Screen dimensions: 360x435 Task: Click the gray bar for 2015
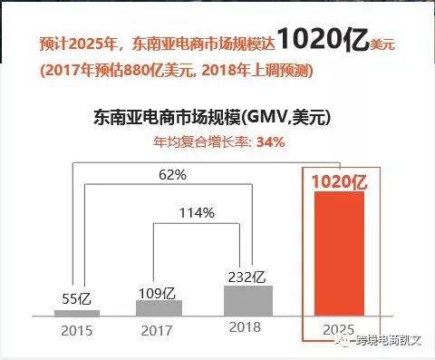(77, 312)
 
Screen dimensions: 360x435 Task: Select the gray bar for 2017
(159, 307)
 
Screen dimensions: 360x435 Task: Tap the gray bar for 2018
(247, 300)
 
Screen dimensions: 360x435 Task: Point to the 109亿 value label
(159, 292)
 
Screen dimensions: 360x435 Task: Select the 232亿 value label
(247, 276)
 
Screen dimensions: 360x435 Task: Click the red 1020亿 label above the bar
(339, 181)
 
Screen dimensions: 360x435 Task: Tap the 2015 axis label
(77, 330)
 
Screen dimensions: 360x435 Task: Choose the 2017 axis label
(159, 330)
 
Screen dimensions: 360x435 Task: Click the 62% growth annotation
(172, 174)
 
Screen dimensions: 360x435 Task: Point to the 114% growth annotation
(198, 213)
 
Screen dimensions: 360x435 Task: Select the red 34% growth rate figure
(271, 141)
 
